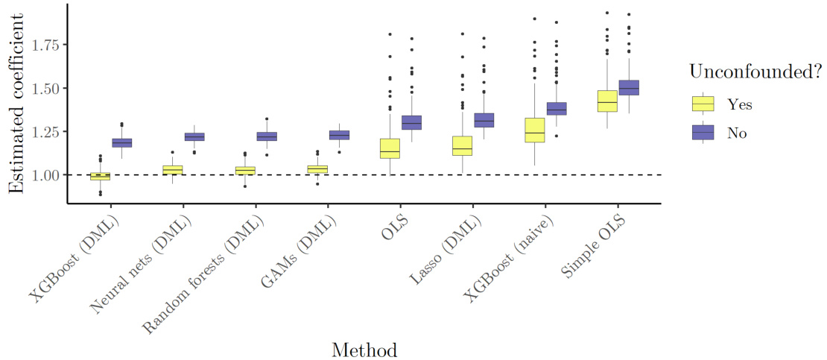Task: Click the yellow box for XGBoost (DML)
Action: pyautogui.click(x=100, y=176)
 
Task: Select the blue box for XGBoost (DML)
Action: pyautogui.click(x=122, y=142)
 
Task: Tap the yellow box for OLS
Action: pyautogui.click(x=390, y=148)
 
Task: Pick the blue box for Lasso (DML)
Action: pyautogui.click(x=484, y=120)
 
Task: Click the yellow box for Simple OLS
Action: pyautogui.click(x=607, y=101)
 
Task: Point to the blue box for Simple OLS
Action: pyautogui.click(x=630, y=87)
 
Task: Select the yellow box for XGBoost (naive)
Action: pyautogui.click(x=535, y=130)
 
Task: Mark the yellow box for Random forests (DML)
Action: pyautogui.click(x=245, y=171)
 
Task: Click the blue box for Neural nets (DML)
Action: pyautogui.click(x=194, y=136)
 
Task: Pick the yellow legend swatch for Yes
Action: pyautogui.click(x=703, y=104)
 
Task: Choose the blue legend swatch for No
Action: pyautogui.click(x=703, y=133)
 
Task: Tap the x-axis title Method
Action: pyautogui.click(x=364, y=349)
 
